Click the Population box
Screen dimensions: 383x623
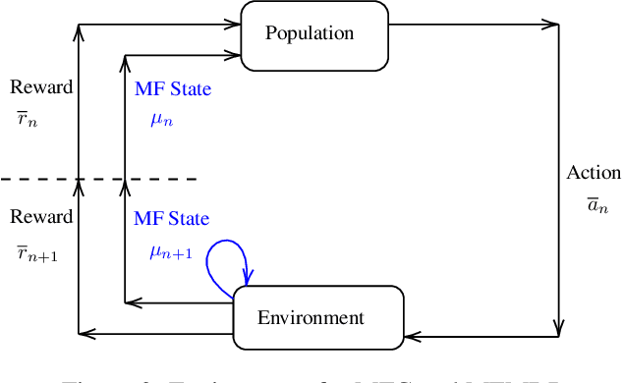311,34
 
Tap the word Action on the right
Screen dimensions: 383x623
594,173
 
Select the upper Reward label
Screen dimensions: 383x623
41,86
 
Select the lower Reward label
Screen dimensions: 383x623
41,217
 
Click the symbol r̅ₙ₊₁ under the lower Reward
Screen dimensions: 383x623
36,253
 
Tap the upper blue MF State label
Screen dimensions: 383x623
172,89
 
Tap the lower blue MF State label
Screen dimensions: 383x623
172,218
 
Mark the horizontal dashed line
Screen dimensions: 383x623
98,179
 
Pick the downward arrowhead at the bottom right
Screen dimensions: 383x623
560,328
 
